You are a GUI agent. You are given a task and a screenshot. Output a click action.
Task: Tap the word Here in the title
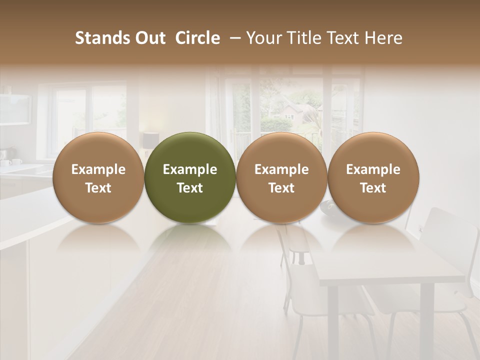383,38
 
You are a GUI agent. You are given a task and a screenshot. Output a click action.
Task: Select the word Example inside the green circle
190,169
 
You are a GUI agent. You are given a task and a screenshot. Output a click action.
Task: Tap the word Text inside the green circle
190,188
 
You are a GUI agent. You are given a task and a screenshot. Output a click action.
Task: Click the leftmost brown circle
98,177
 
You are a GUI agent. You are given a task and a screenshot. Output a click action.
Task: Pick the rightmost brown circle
373,177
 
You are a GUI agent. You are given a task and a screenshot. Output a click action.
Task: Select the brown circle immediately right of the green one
281,177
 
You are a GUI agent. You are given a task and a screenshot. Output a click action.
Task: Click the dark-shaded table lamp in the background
150,140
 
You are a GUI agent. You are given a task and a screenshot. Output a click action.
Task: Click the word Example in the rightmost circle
373,169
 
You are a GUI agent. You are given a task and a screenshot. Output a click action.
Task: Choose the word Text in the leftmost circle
98,188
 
